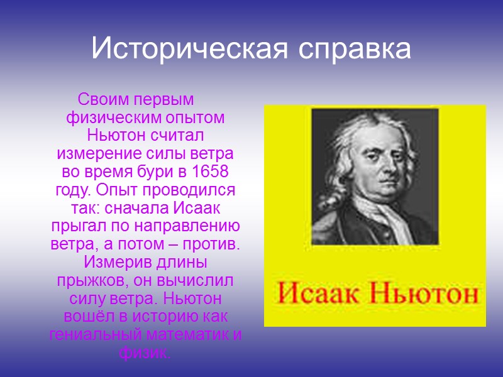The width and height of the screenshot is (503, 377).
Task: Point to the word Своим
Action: tap(97, 100)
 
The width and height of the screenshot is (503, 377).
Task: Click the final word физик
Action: tap(144, 352)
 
